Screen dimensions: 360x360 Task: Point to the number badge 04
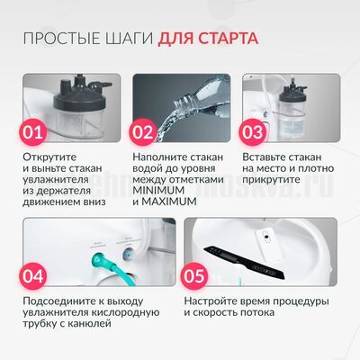(x=33, y=272)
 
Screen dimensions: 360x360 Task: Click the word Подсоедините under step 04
(x=60, y=300)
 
